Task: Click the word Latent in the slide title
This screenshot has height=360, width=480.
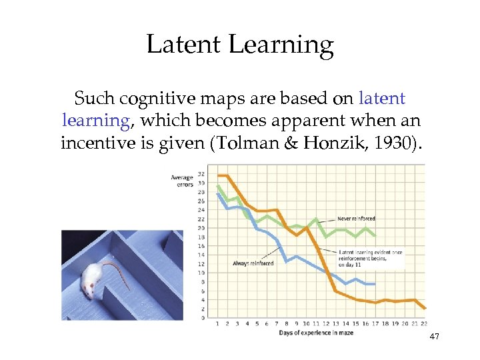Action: pos(183,45)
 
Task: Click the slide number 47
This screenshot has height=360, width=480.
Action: pos(434,337)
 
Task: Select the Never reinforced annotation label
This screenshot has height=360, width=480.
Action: pos(356,218)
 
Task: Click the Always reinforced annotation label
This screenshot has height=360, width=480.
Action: pos(253,263)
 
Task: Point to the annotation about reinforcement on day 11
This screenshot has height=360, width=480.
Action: pos(370,258)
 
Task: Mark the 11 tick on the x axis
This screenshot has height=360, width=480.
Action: pos(316,323)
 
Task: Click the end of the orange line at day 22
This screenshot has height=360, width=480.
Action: pos(425,308)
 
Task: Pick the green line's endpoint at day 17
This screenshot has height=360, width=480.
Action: pos(375,235)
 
